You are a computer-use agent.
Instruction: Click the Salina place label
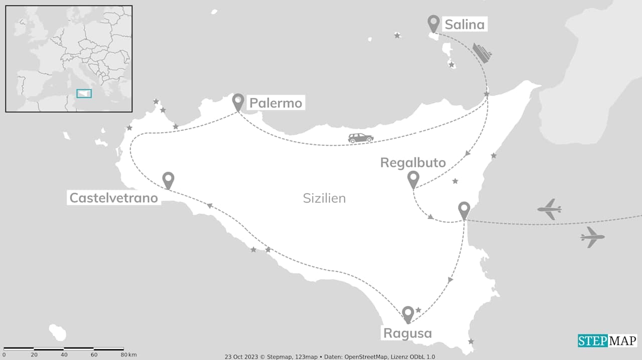[465, 24]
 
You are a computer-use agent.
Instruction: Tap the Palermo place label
[275, 103]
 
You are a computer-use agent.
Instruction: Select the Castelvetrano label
[113, 198]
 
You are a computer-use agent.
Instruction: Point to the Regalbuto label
[413, 162]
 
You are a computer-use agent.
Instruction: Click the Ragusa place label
[407, 333]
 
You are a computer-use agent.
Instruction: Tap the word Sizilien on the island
[324, 198]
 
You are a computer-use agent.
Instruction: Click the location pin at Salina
[433, 23]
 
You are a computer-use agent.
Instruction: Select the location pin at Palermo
[238, 102]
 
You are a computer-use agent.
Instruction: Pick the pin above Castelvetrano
[168, 179]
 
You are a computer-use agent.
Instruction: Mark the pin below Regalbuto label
[413, 178]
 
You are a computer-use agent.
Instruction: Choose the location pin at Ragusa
[407, 314]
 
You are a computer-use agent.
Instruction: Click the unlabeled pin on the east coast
[464, 210]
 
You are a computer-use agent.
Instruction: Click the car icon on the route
[361, 138]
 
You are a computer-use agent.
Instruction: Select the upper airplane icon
[549, 209]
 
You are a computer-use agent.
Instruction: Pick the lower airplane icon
[592, 237]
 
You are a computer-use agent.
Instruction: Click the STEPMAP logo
[607, 341]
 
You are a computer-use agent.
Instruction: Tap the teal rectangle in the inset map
[84, 93]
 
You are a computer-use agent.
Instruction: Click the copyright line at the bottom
[330, 356]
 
